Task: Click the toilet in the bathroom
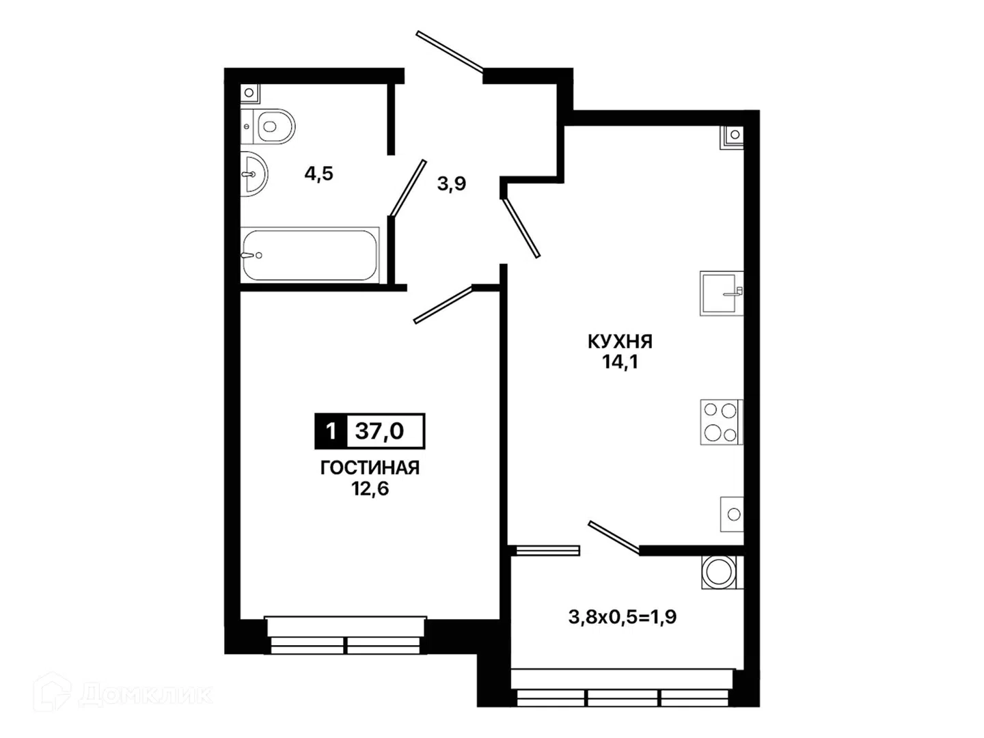click(x=268, y=126)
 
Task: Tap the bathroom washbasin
click(x=254, y=174)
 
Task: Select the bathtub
click(x=310, y=256)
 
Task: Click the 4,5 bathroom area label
click(x=318, y=174)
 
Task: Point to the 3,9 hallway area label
click(x=452, y=184)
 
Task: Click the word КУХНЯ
click(x=620, y=342)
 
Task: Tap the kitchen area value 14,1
click(x=620, y=362)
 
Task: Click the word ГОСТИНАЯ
click(x=370, y=468)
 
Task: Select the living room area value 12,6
click(x=370, y=489)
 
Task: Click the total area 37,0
click(x=380, y=431)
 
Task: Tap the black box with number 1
click(x=331, y=431)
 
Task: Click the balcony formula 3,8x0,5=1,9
click(x=623, y=617)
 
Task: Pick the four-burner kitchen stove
click(x=722, y=422)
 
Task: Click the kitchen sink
click(x=722, y=294)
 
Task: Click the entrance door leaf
click(x=450, y=51)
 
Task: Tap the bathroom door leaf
click(x=407, y=188)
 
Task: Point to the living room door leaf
click(x=443, y=304)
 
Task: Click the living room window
click(x=346, y=635)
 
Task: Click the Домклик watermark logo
click(x=123, y=695)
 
